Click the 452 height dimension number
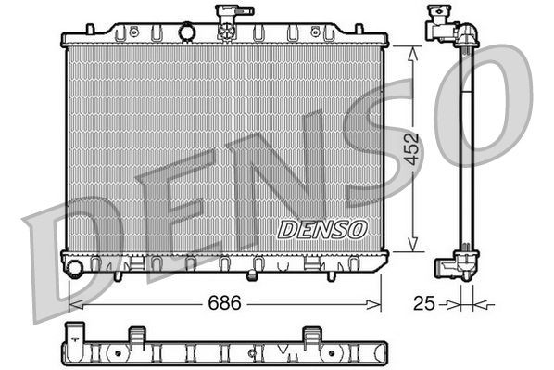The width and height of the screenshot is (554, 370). (x=413, y=148)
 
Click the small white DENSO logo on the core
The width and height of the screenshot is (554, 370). (x=322, y=227)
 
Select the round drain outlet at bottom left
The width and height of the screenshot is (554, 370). (x=74, y=268)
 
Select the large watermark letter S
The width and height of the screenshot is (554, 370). (x=389, y=139)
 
